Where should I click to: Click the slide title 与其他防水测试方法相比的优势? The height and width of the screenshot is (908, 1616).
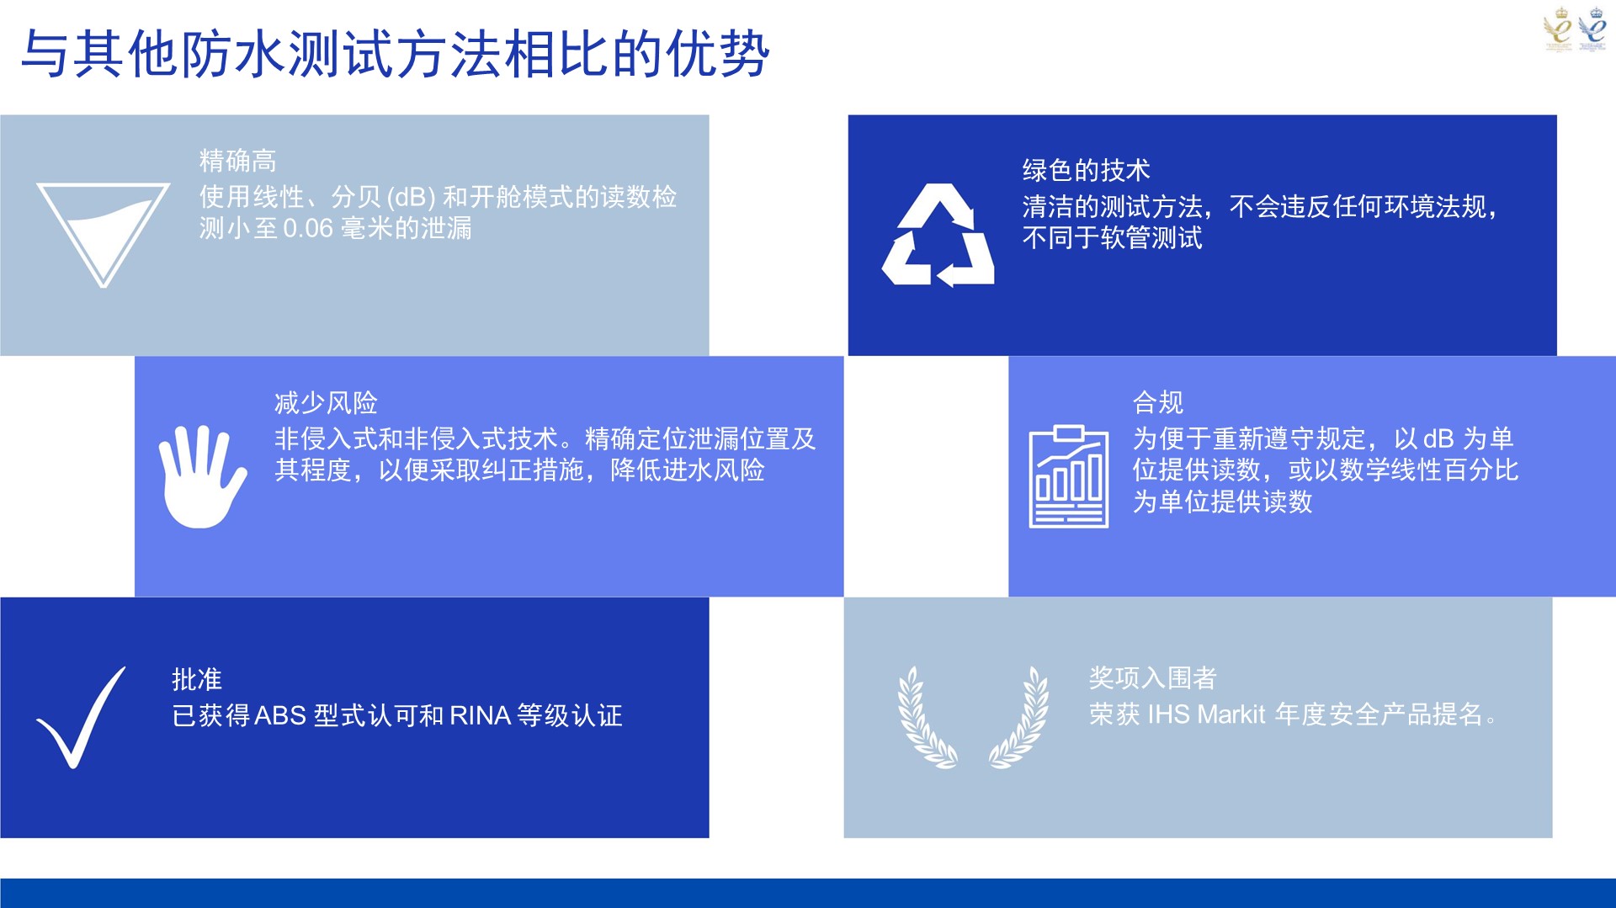click(395, 54)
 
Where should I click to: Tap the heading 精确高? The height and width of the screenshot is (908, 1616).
click(238, 161)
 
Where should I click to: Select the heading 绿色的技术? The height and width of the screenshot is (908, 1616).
click(1086, 170)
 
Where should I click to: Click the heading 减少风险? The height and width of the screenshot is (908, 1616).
click(326, 403)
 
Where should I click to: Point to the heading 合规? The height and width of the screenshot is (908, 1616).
click(1158, 402)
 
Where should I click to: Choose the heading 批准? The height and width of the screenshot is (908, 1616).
click(197, 679)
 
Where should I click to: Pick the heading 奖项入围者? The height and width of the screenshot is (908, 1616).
click(1152, 677)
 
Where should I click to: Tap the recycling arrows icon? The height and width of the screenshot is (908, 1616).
click(938, 235)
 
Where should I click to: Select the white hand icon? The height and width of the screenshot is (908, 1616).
click(202, 477)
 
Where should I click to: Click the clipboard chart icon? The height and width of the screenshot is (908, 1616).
click(1069, 476)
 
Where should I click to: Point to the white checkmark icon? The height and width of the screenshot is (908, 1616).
click(82, 718)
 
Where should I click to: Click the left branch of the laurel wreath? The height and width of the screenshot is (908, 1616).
click(926, 718)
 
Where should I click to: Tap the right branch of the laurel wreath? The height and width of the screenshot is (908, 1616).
click(1019, 718)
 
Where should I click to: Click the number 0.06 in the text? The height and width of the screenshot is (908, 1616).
click(308, 229)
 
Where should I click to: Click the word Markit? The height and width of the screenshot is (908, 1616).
click(1231, 714)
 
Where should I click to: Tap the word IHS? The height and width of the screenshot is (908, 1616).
click(1168, 714)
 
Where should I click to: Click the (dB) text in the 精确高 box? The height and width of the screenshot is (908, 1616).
click(411, 198)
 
